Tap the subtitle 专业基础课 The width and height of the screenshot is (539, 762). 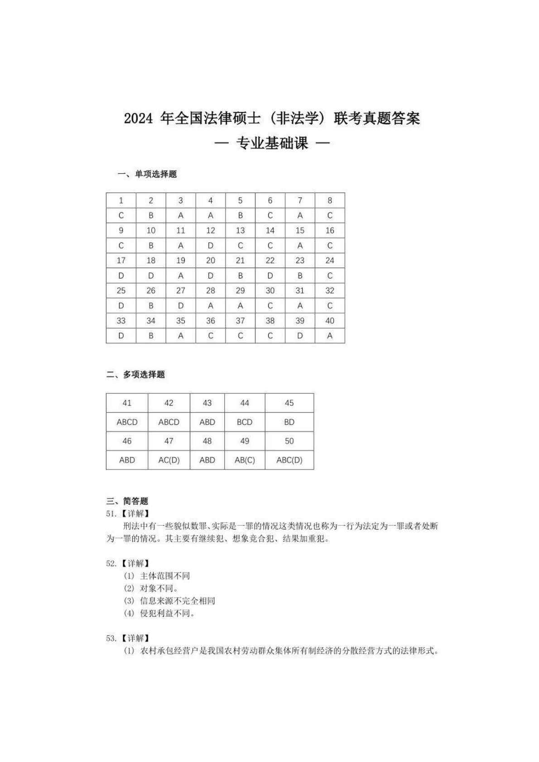point(272,143)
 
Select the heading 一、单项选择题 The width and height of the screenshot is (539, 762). point(147,174)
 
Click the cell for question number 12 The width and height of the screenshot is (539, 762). point(211,230)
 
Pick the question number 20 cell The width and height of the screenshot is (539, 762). point(211,260)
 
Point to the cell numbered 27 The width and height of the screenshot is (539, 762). point(181,291)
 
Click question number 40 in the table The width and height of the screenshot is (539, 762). point(330,321)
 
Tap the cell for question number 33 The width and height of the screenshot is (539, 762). point(121,321)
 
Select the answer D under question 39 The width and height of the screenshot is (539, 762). point(300,335)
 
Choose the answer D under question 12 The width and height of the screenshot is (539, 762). point(211,245)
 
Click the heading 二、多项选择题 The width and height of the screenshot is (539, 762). point(135,374)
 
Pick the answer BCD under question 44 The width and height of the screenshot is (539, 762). point(245,422)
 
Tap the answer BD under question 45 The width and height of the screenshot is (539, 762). point(289,422)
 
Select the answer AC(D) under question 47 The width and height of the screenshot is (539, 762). point(169,460)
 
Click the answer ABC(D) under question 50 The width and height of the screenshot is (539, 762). point(289,460)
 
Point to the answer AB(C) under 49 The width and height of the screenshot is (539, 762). point(245,460)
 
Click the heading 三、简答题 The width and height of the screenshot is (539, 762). point(127,501)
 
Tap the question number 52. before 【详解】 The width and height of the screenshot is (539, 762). point(111,563)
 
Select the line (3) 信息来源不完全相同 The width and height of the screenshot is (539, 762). point(169,601)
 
